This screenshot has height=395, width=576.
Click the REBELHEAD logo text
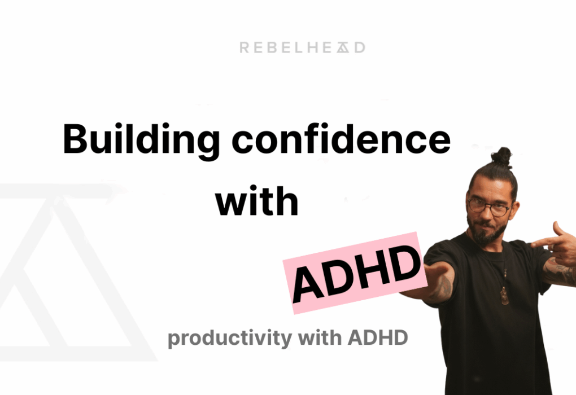coord(302,47)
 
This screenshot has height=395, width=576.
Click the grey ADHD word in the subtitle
coord(378,339)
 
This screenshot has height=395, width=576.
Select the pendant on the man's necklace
coord(504,297)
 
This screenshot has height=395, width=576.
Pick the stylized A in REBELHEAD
coord(343,47)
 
